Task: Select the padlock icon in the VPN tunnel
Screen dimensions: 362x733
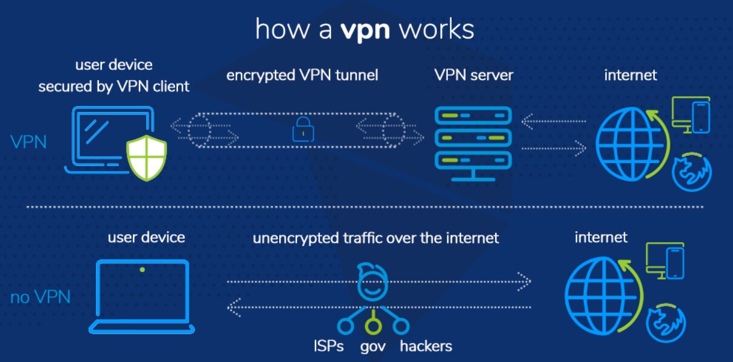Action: [302, 129]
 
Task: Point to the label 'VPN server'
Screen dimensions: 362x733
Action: [474, 75]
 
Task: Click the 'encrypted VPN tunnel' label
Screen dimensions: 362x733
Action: [302, 75]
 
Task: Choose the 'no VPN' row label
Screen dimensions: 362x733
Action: [40, 297]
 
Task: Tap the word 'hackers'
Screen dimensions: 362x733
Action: [426, 346]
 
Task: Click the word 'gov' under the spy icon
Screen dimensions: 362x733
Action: [372, 346]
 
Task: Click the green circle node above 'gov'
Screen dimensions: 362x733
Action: [372, 325]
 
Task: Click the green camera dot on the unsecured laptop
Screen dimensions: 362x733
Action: [143, 270]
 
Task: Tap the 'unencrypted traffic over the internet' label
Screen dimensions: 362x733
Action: [376, 238]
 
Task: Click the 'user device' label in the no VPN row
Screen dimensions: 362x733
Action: [146, 238]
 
